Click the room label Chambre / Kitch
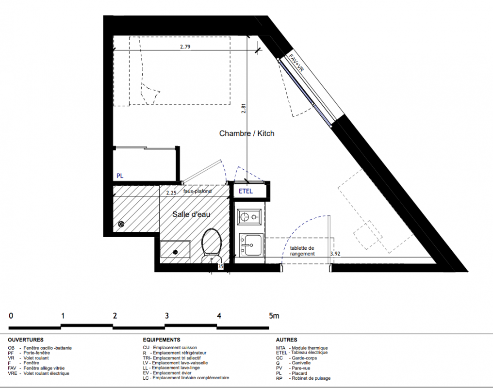coord(246,133)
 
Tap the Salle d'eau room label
coord(191,214)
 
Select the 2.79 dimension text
coord(185,47)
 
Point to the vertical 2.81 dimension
coord(244,108)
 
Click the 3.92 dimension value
coord(335,254)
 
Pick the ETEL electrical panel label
coord(246,191)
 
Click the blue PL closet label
coord(120,176)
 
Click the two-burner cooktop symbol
coord(249,217)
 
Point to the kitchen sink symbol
coord(251,245)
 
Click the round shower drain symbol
coord(121,224)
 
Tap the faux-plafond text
coord(197,191)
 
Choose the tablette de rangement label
coord(302,251)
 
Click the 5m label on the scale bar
coord(274,315)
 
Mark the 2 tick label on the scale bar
coord(115,315)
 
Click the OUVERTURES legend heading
coord(26,340)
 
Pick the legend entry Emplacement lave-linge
coord(176,368)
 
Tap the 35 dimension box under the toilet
coord(220,266)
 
